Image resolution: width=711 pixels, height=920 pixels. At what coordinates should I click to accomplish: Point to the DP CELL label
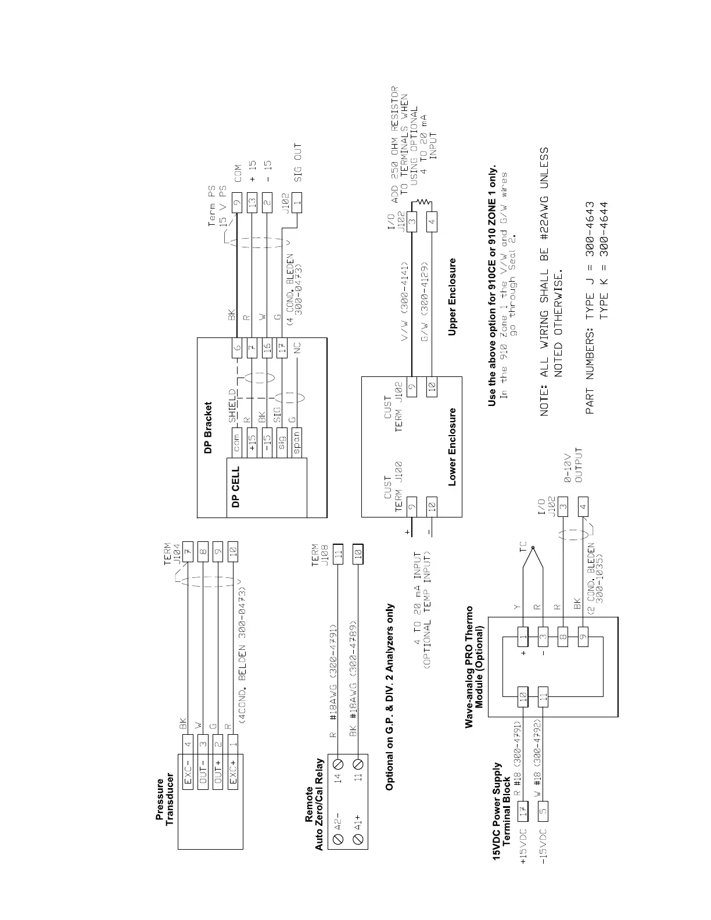pyautogui.click(x=235, y=488)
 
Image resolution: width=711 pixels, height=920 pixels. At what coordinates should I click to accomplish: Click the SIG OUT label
pyautogui.click(x=298, y=163)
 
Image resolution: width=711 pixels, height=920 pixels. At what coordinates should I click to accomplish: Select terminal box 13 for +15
pyautogui.click(x=252, y=204)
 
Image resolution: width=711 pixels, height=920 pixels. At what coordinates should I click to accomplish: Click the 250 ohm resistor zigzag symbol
pyautogui.click(x=422, y=202)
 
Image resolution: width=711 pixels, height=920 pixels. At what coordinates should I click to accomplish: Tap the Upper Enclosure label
pyautogui.click(x=452, y=297)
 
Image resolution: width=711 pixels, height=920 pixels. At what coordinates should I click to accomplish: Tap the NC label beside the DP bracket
pyautogui.click(x=297, y=348)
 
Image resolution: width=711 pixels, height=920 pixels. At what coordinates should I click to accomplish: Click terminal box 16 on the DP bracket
pyautogui.click(x=267, y=348)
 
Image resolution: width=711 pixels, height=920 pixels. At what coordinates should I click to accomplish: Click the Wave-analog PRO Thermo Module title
pyautogui.click(x=473, y=666)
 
